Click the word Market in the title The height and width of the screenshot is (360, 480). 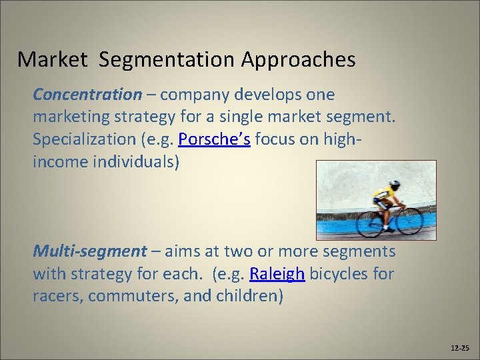tap(52, 60)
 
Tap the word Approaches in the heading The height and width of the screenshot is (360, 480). tap(298, 60)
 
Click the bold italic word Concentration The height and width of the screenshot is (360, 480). tap(87, 95)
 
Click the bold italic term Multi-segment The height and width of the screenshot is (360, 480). tap(89, 251)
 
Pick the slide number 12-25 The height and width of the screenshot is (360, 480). tap(460, 348)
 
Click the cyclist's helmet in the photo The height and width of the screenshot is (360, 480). tap(395, 184)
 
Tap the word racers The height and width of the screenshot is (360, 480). tap(56, 296)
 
